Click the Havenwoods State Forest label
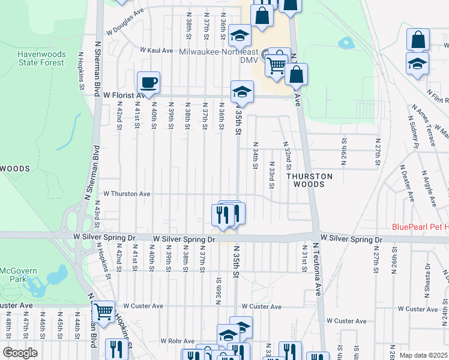coord(41,58)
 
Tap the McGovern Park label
coord(19,275)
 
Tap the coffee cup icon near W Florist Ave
coord(148,82)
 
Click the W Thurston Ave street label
coord(127,194)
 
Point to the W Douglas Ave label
coord(125,29)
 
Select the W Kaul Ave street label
coord(157,50)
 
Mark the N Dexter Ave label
coord(408,184)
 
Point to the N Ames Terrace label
coord(423,125)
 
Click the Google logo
coord(20,352)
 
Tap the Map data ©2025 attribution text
coord(423,355)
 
